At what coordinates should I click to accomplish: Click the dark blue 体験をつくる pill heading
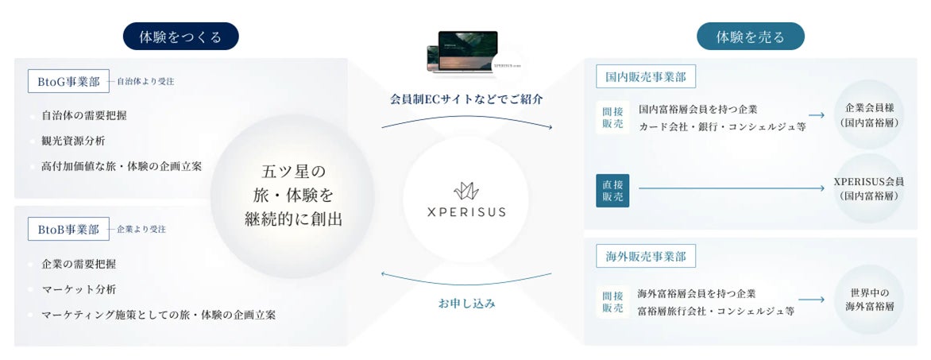(180, 37)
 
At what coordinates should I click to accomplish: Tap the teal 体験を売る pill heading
(750, 37)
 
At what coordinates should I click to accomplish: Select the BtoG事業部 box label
(68, 81)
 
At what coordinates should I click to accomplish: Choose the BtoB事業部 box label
(68, 230)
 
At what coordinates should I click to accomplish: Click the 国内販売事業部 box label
(645, 76)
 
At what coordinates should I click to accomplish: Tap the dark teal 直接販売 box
(612, 190)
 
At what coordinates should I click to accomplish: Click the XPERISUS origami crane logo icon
(465, 191)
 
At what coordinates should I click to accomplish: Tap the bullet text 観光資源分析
(73, 141)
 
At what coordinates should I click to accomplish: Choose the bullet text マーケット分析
(79, 289)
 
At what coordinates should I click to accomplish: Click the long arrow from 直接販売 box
(731, 188)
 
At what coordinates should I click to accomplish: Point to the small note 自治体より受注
(145, 81)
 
